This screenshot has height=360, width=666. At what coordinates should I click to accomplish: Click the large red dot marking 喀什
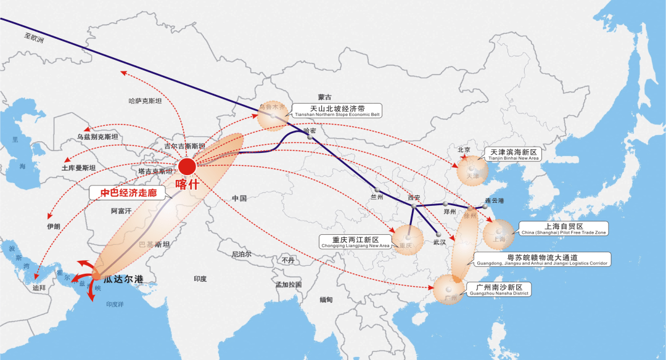click(x=187, y=166)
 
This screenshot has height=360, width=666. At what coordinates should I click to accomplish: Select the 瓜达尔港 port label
click(x=123, y=280)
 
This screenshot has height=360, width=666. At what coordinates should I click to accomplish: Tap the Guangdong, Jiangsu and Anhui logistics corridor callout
click(x=542, y=260)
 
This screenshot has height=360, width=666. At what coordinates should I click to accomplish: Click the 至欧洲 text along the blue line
click(x=35, y=38)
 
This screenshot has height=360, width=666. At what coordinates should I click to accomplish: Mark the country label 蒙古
click(x=324, y=97)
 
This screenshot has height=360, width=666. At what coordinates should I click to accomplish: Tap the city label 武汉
click(x=439, y=242)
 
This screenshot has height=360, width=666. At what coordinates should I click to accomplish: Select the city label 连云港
click(x=493, y=201)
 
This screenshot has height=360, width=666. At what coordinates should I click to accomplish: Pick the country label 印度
click(x=200, y=279)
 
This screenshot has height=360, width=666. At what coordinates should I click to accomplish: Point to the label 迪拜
click(x=39, y=287)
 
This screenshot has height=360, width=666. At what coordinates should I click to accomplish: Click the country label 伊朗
click(x=54, y=226)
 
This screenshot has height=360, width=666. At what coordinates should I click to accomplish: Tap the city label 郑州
click(x=450, y=211)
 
